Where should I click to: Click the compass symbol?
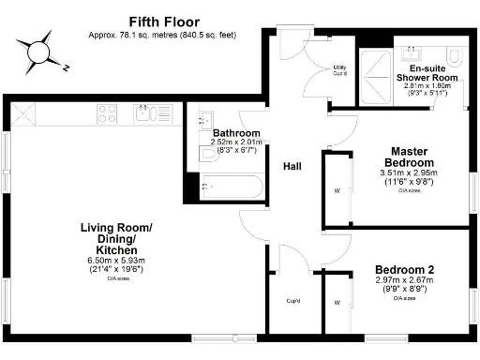[x=39, y=52]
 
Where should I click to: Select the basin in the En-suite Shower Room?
[x=412, y=49]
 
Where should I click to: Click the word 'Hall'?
[x=292, y=166]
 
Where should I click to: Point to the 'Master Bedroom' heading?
[x=411, y=156]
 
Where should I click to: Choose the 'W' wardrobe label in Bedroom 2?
[x=336, y=303]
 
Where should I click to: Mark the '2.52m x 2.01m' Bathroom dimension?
[x=235, y=142]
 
